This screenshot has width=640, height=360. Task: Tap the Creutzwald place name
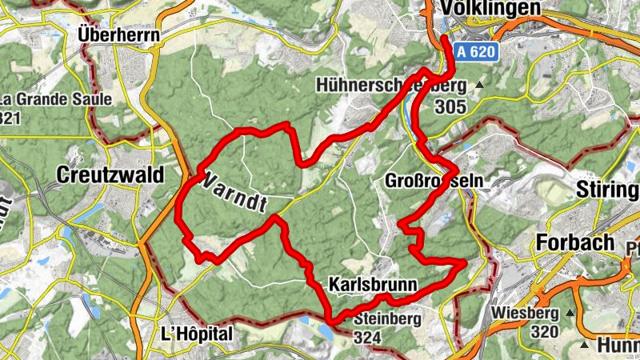click(110, 174)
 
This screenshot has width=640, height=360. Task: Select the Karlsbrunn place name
click(373, 284)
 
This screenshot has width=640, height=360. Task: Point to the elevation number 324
click(366, 338)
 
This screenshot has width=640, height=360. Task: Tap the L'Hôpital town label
click(196, 333)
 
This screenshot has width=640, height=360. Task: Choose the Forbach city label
click(576, 242)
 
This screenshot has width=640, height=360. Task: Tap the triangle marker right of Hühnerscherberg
click(480, 84)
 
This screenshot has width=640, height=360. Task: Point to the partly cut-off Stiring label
click(607, 190)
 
